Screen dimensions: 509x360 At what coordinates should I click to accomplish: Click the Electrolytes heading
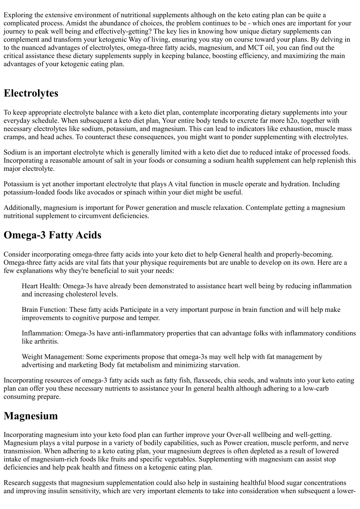pyautogui.click(x=31, y=94)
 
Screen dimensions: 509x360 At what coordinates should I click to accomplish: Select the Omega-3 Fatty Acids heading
pyautogui.click(x=52, y=235)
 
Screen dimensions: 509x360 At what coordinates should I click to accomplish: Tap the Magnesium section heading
pyautogui.click(x=31, y=416)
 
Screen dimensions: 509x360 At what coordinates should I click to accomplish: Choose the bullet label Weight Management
pyautogui.click(x=53, y=357)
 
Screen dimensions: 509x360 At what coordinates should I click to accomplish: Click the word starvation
pyautogui.click(x=225, y=365)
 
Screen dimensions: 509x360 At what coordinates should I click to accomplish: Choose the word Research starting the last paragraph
pyautogui.click(x=17, y=483)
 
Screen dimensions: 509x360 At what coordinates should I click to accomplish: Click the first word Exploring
pyautogui.click(x=18, y=15)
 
